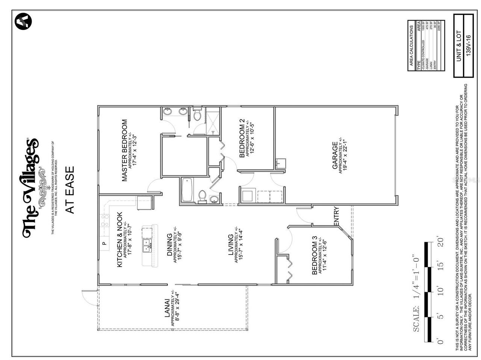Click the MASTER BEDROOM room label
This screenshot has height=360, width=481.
(125, 150)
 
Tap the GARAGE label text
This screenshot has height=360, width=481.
(334, 155)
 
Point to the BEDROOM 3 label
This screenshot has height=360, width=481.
(315, 258)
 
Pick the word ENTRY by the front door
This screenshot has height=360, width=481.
(336, 217)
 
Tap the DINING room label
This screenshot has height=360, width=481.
(169, 245)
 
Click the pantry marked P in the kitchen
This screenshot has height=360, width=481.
(104, 243)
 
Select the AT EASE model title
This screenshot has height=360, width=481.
(70, 190)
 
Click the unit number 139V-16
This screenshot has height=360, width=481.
(468, 46)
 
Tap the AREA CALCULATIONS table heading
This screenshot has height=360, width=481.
(411, 46)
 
